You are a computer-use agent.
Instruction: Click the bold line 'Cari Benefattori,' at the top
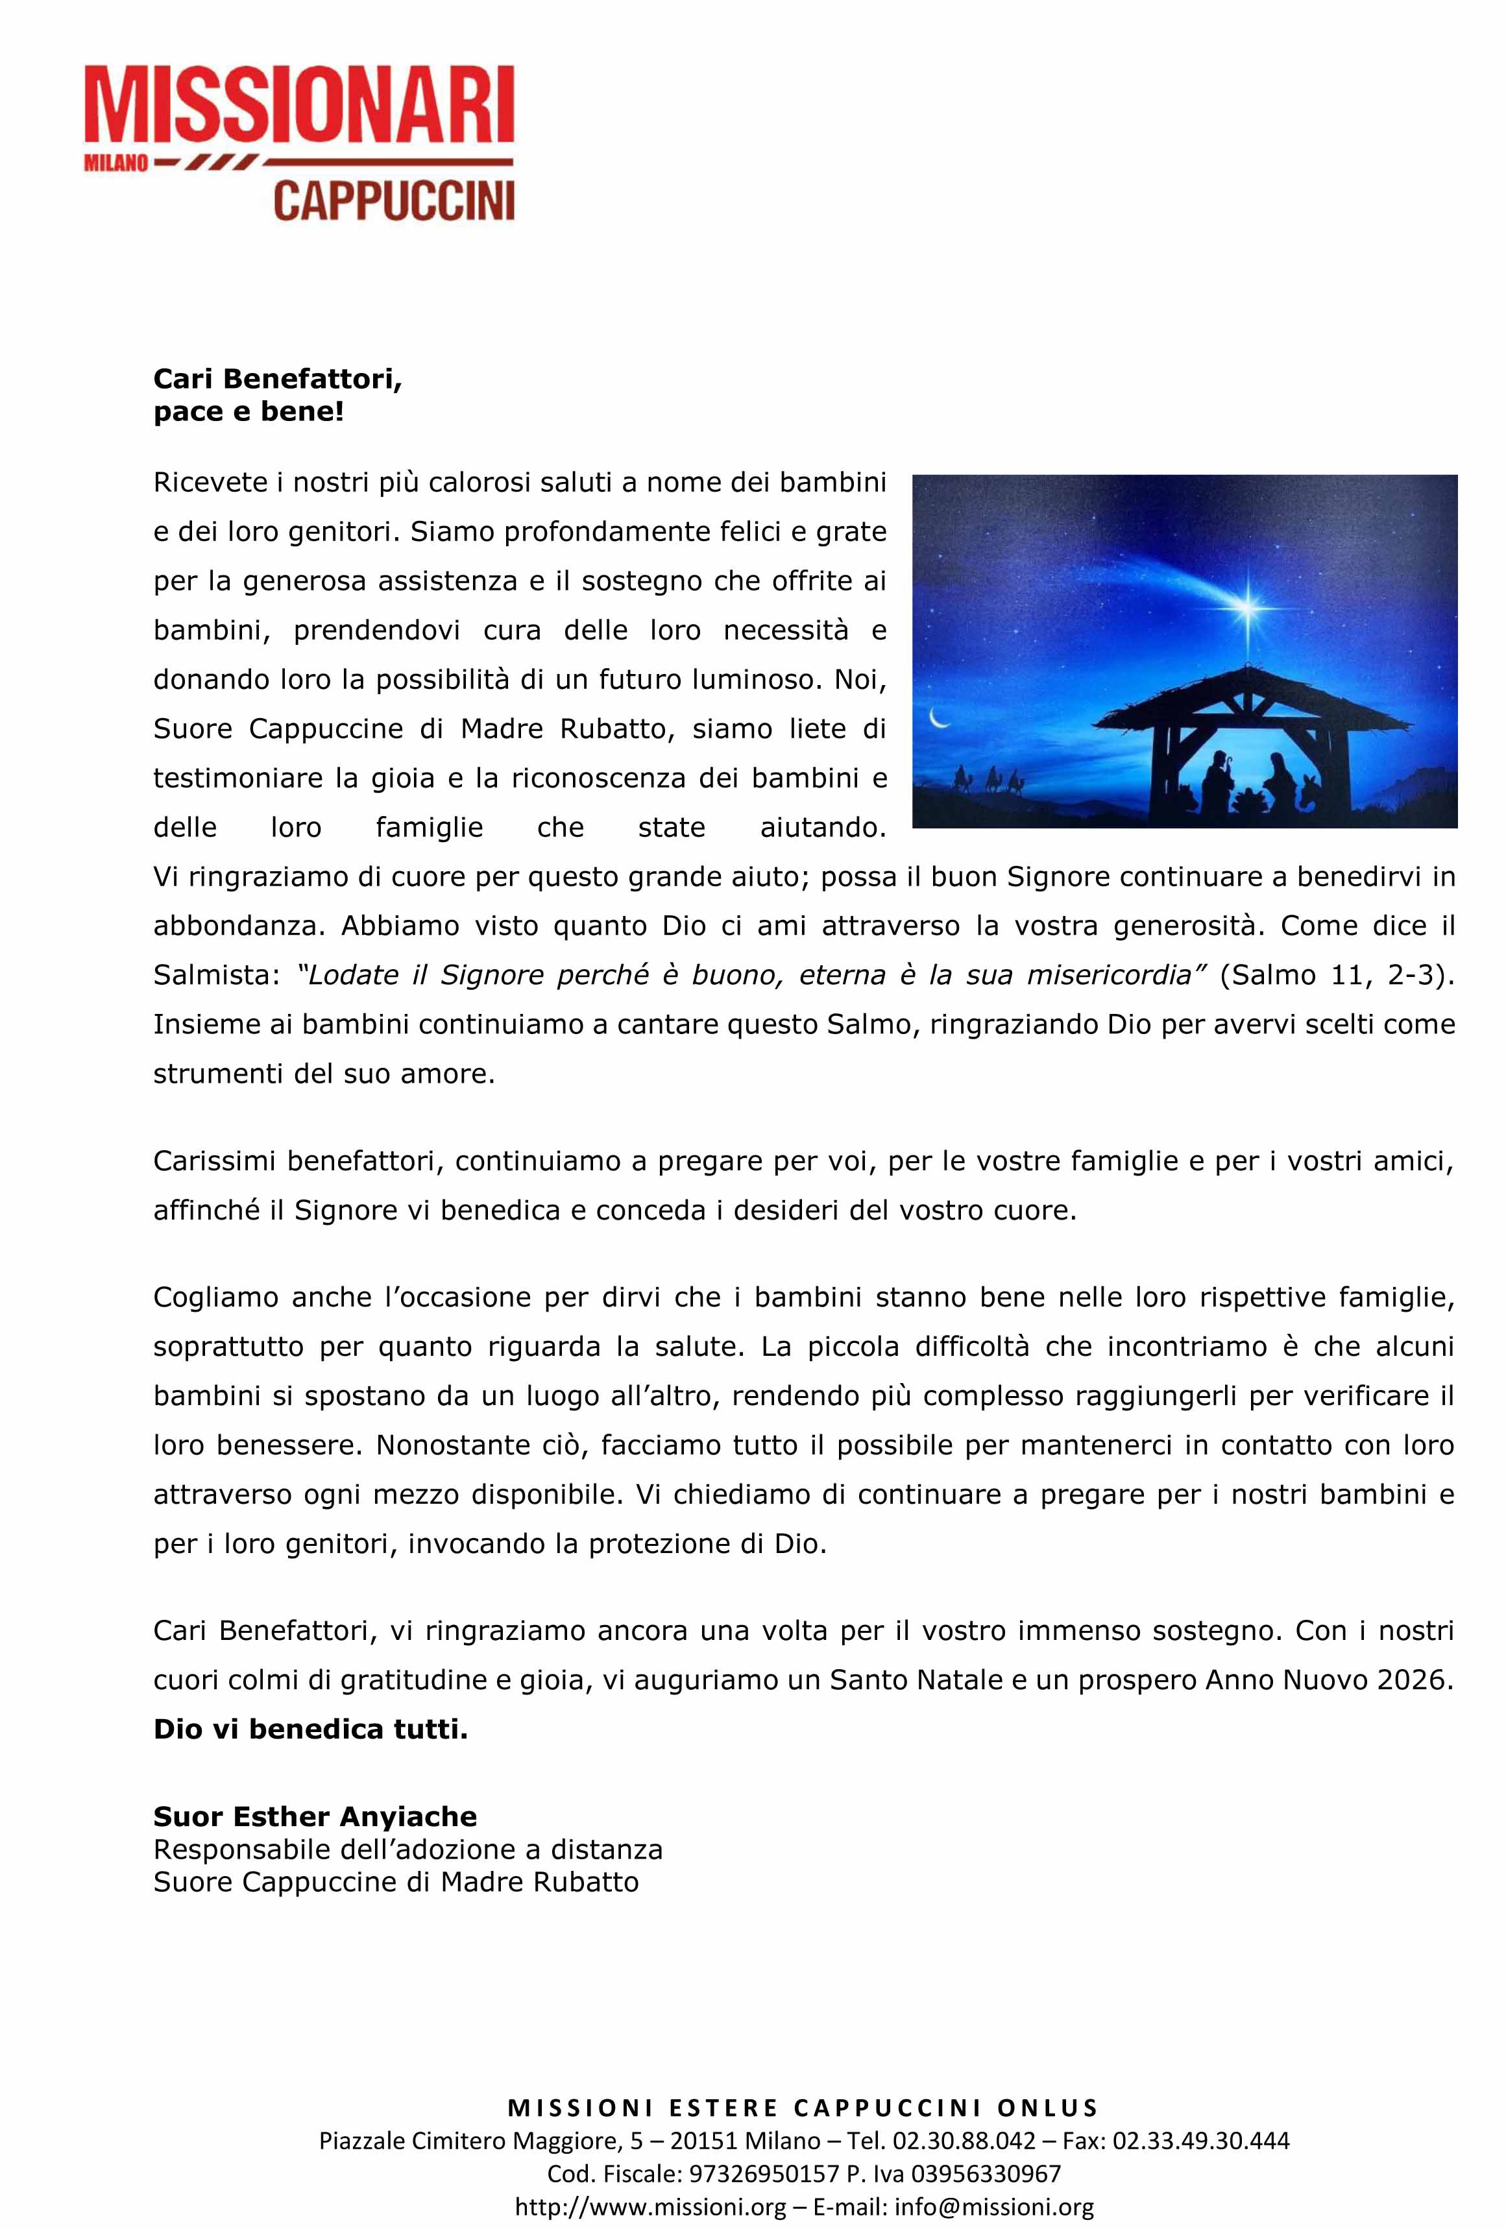pos(277,379)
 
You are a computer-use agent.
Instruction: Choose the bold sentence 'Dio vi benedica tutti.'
pos(311,1729)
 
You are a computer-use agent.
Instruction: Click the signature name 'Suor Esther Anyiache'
pos(315,1816)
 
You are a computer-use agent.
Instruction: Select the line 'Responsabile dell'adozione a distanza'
pos(407,1849)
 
